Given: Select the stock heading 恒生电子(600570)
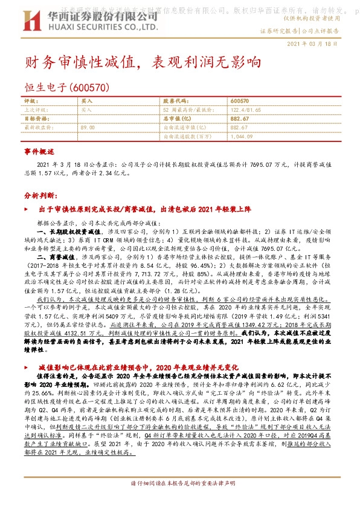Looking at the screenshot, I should click(x=66, y=88).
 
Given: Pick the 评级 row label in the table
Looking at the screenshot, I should click(x=30, y=101).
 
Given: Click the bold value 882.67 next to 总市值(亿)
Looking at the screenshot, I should click(x=239, y=119).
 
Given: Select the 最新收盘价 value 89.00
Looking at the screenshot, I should click(x=88, y=128).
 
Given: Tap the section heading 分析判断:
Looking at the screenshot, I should click(x=41, y=196).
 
